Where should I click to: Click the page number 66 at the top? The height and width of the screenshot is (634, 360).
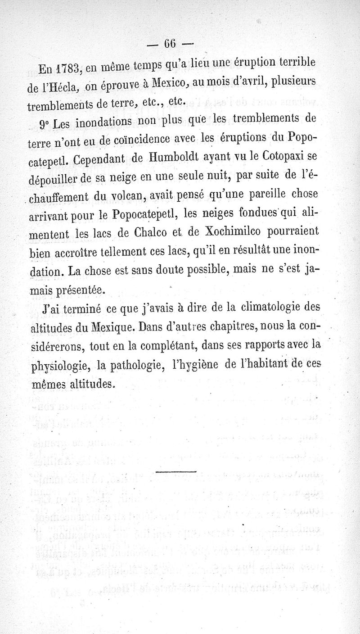170,44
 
